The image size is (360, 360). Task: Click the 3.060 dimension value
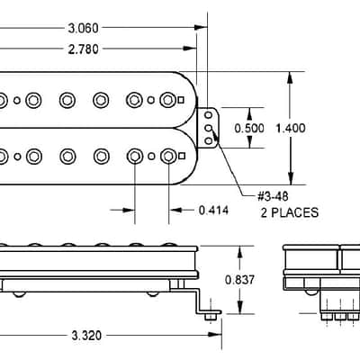(x=83, y=28)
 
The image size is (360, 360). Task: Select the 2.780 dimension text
(x=83, y=49)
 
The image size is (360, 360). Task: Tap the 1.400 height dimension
(x=291, y=129)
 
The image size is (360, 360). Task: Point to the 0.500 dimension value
(x=249, y=129)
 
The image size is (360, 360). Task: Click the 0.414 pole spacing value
(x=213, y=211)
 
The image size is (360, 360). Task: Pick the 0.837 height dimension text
(x=239, y=280)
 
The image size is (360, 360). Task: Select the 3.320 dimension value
(x=86, y=336)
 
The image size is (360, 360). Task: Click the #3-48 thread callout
(x=273, y=196)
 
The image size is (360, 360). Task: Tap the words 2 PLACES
(x=290, y=212)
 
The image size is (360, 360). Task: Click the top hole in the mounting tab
(x=209, y=115)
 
